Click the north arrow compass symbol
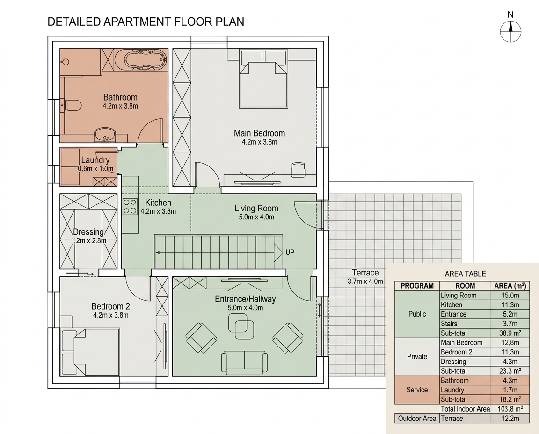pyautogui.click(x=510, y=31)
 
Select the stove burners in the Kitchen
pyautogui.click(x=130, y=206)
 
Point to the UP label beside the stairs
pyautogui.click(x=290, y=252)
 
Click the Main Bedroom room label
pyautogui.click(x=260, y=133)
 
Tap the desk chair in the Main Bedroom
pyautogui.click(x=298, y=170)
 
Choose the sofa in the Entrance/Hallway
pyautogui.click(x=244, y=362)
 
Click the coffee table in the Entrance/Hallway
pyautogui.click(x=241, y=326)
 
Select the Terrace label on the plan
pyautogui.click(x=365, y=273)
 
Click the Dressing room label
pyautogui.click(x=88, y=231)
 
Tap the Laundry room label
pyautogui.click(x=95, y=160)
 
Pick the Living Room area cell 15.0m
pyautogui.click(x=510, y=295)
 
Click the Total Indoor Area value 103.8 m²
pyautogui.click(x=510, y=409)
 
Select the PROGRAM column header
pyautogui.click(x=417, y=286)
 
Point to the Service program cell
pyautogui.click(x=417, y=390)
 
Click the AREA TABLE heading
pyautogui.click(x=465, y=274)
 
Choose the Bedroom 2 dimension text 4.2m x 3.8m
pyautogui.click(x=111, y=315)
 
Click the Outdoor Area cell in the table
pyautogui.click(x=417, y=419)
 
